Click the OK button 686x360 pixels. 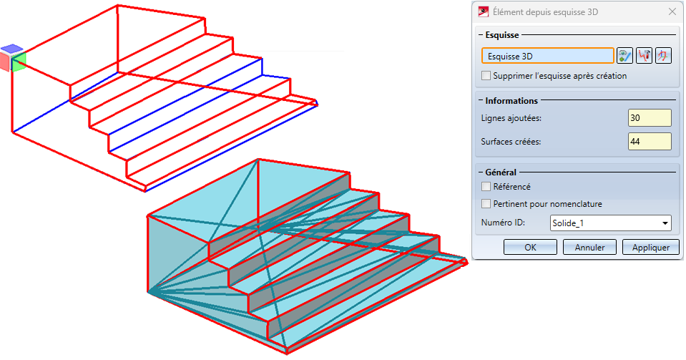point(530,247)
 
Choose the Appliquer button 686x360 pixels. point(650,247)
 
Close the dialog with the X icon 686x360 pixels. point(672,12)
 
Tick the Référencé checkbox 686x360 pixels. point(486,187)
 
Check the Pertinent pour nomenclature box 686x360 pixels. point(486,204)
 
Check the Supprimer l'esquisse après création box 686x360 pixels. point(486,75)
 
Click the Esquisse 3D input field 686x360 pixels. point(548,56)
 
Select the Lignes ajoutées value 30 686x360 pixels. point(650,118)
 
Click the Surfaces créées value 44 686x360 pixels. point(650,142)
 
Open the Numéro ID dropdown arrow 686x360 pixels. point(665,223)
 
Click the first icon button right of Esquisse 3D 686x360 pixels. point(624,56)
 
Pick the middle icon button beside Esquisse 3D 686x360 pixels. point(644,56)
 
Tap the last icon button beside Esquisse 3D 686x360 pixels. point(663,56)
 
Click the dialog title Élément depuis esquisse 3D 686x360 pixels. point(545,12)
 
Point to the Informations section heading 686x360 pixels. point(511,101)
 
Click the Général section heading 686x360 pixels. point(501,172)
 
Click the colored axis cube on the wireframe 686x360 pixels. point(13,58)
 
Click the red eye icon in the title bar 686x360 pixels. point(484,11)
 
